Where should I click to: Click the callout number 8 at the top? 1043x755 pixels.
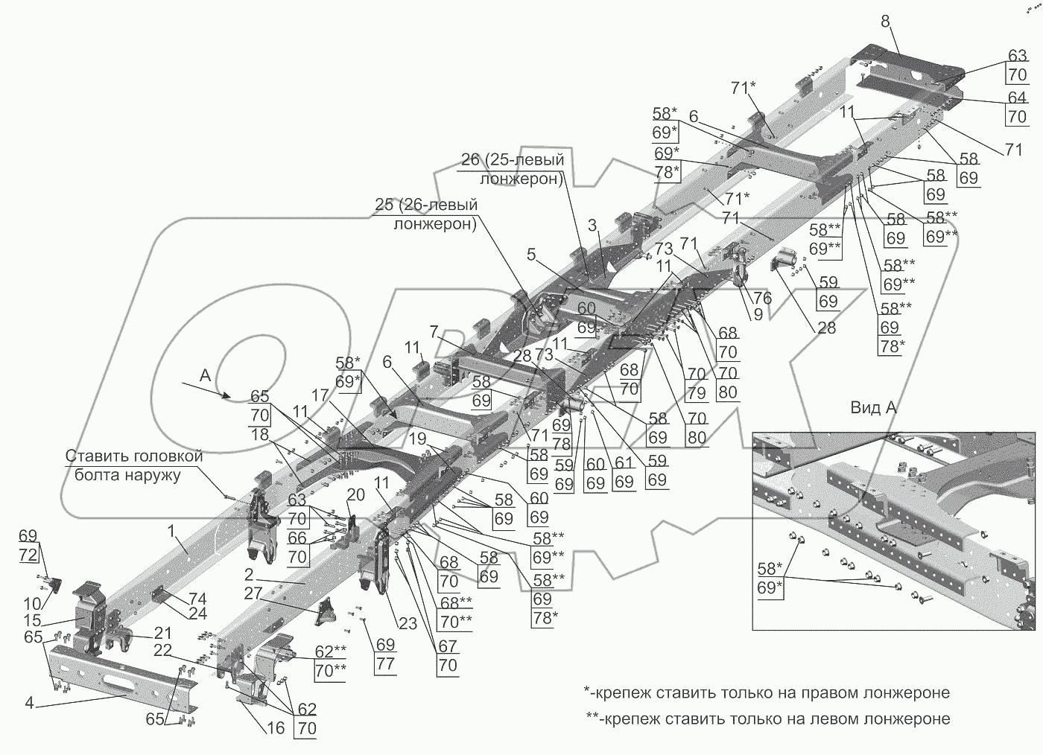885,21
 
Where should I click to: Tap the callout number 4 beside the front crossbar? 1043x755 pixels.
29,701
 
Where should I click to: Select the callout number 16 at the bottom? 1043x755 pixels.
275,727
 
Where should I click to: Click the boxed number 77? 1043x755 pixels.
385,663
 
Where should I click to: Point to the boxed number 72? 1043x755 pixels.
27,555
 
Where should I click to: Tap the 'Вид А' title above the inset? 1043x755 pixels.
873,408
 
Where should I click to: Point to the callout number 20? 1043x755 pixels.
355,494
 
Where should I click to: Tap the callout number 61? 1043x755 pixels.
624,464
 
